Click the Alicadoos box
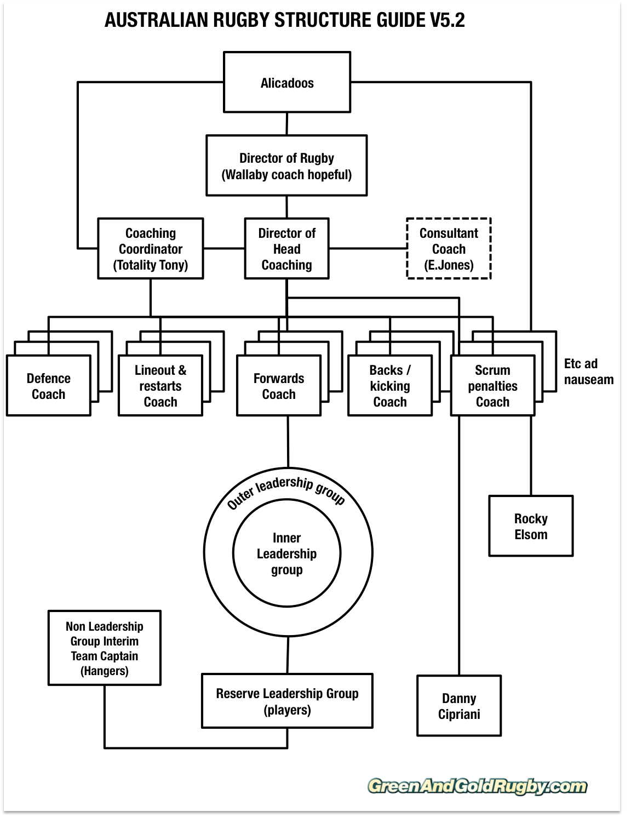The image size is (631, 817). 287,83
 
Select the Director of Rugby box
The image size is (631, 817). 286,166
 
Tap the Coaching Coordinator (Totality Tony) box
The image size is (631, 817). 151,249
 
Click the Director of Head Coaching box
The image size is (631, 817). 286,249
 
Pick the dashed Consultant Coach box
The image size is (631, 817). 449,249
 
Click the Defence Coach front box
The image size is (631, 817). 48,386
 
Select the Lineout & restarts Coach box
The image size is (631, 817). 160,386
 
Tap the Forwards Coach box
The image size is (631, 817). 278,386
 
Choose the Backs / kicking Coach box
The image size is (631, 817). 389,386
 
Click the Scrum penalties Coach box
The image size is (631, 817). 492,386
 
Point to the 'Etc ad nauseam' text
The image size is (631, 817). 588,372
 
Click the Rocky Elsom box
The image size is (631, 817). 531,526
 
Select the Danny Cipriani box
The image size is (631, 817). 459,706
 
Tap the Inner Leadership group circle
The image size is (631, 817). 286,553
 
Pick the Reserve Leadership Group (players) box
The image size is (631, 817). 287,701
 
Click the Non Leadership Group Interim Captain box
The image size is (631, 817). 104,648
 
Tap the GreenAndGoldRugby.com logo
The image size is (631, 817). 477,786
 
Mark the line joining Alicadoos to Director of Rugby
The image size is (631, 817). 286,124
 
